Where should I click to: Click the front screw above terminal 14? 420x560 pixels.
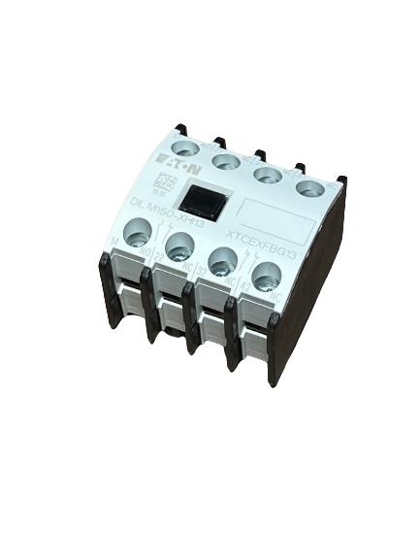138,231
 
